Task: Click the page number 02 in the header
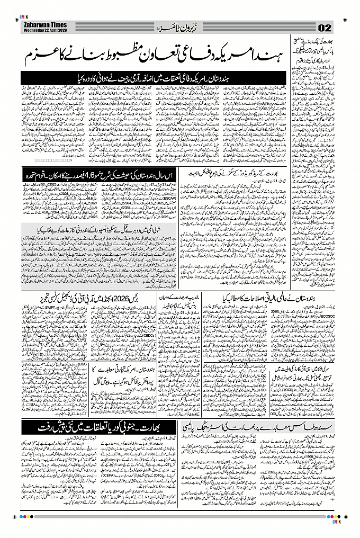click(x=325, y=28)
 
